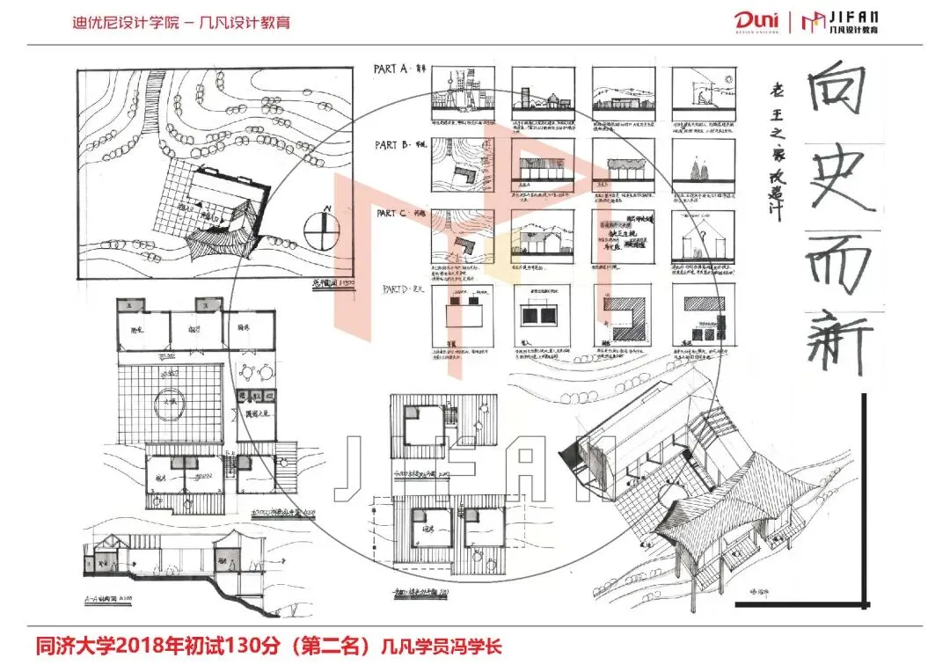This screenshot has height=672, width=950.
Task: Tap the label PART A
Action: point(391,69)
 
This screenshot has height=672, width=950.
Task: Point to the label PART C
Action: point(391,214)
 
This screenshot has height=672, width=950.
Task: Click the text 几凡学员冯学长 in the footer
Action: point(440,647)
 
